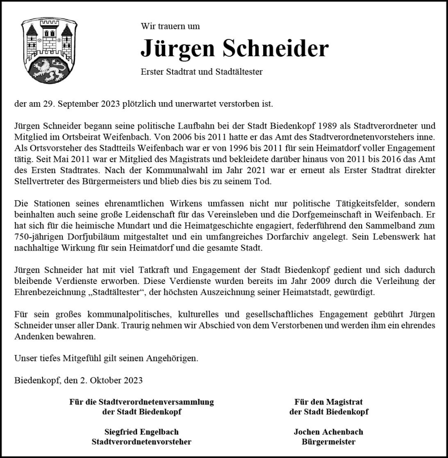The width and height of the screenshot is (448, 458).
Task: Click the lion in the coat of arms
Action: (49, 69)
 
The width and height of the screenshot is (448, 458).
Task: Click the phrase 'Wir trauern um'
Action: (170, 26)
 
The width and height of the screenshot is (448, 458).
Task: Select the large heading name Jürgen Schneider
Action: (234, 48)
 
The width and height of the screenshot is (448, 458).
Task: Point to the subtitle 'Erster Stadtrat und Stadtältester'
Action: (201, 72)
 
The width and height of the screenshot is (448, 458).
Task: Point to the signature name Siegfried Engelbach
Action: (141, 432)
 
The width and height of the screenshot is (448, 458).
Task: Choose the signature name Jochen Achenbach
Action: (329, 432)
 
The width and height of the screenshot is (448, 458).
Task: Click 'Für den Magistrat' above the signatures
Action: (329, 402)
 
